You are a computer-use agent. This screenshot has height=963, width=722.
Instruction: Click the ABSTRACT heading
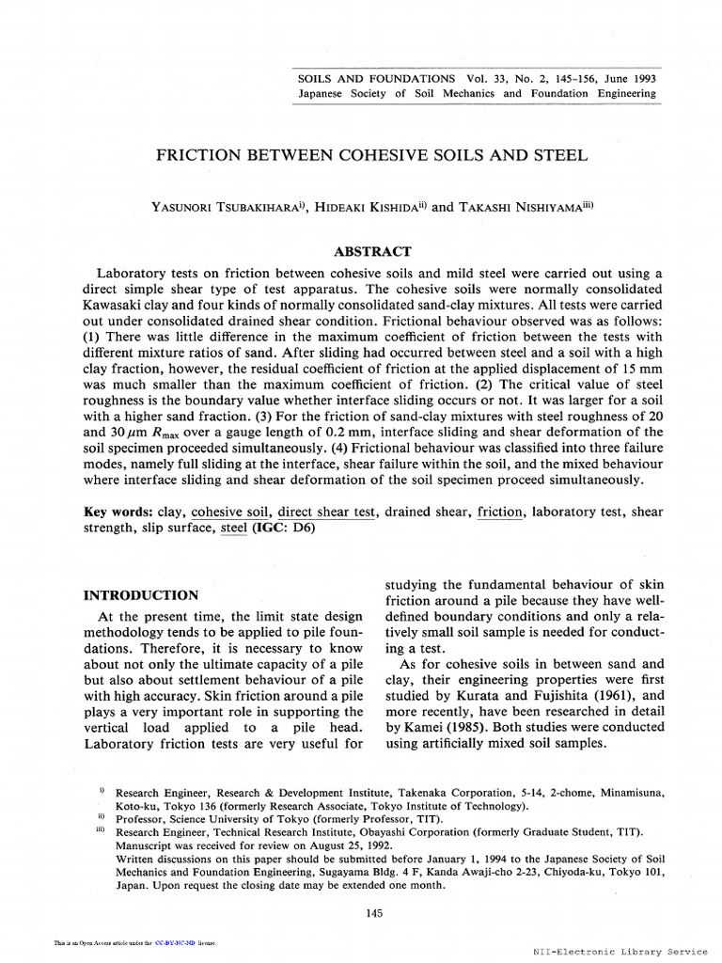(373, 251)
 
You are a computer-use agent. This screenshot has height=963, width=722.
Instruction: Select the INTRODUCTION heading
(141, 595)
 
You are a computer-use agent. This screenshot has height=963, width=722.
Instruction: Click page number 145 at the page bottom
(373, 913)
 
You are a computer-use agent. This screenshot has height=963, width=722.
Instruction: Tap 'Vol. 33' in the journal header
(484, 78)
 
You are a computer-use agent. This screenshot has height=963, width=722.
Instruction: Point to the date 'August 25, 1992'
(308, 845)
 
